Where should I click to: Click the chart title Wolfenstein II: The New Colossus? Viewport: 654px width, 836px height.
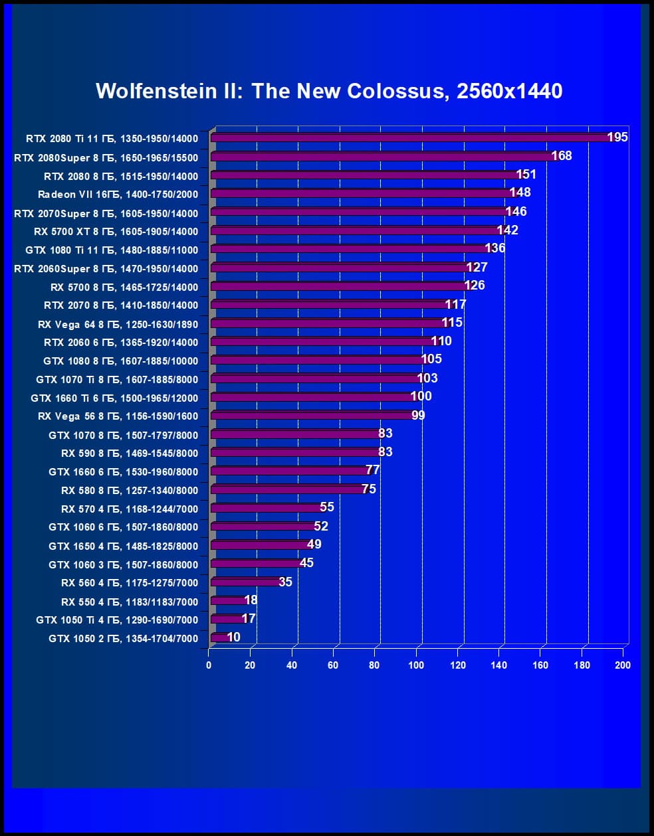[x=329, y=91]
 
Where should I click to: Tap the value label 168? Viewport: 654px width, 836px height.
[x=562, y=156]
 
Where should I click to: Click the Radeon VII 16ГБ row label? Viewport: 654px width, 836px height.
[x=118, y=195]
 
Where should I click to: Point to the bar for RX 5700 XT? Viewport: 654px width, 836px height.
[x=356, y=231]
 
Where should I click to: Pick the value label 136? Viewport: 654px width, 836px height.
[x=495, y=248]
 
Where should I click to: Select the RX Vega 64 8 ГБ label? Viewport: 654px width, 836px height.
[x=118, y=324]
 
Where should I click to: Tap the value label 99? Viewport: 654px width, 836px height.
[x=418, y=416]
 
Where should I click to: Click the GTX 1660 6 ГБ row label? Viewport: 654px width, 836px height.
[x=123, y=471]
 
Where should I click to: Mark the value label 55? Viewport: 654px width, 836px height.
[x=327, y=507]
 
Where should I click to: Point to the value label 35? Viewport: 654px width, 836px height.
[x=285, y=582]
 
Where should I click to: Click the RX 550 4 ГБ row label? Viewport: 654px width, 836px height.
[x=130, y=602]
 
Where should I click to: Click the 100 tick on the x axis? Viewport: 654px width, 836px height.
[x=416, y=665]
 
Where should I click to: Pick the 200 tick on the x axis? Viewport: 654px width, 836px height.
[x=623, y=665]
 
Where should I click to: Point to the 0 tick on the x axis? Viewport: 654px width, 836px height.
[x=209, y=665]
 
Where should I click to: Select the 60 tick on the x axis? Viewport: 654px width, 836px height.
[x=333, y=665]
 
